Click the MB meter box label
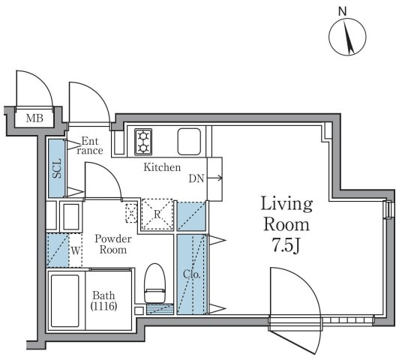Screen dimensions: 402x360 34,118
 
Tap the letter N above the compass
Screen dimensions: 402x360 342,11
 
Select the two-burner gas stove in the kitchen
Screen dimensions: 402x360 143,142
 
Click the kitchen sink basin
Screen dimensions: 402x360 189,142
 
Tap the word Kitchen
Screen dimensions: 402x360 162,167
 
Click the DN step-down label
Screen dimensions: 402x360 196,178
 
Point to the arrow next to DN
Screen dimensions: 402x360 214,178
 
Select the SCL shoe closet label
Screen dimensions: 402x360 57,168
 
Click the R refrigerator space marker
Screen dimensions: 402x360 157,214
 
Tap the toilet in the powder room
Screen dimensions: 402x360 154,283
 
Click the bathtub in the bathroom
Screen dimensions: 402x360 64,301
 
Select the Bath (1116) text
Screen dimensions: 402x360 103,301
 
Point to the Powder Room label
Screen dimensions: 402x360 113,244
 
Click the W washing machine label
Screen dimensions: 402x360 75,250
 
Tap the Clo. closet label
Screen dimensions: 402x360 191,274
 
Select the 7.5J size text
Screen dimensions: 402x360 286,245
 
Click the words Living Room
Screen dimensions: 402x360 286,214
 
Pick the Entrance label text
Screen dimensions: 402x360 90,146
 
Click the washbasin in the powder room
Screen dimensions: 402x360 71,217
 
